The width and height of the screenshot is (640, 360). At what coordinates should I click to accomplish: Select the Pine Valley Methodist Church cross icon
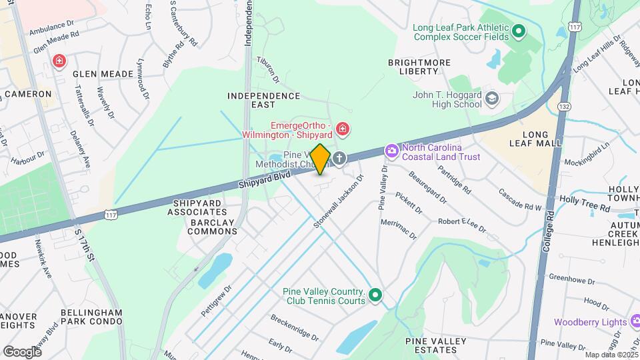pyautogui.click(x=339, y=159)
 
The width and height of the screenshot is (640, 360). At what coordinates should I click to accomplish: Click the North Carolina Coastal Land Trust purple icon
pyautogui.click(x=391, y=152)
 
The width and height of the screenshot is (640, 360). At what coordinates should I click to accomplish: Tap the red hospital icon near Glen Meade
pyautogui.click(x=59, y=61)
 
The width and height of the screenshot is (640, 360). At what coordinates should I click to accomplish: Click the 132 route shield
pyautogui.click(x=565, y=107)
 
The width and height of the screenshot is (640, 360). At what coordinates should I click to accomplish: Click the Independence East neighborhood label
pyautogui.click(x=264, y=101)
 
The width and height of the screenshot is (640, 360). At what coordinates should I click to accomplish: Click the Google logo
pyautogui.click(x=22, y=351)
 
